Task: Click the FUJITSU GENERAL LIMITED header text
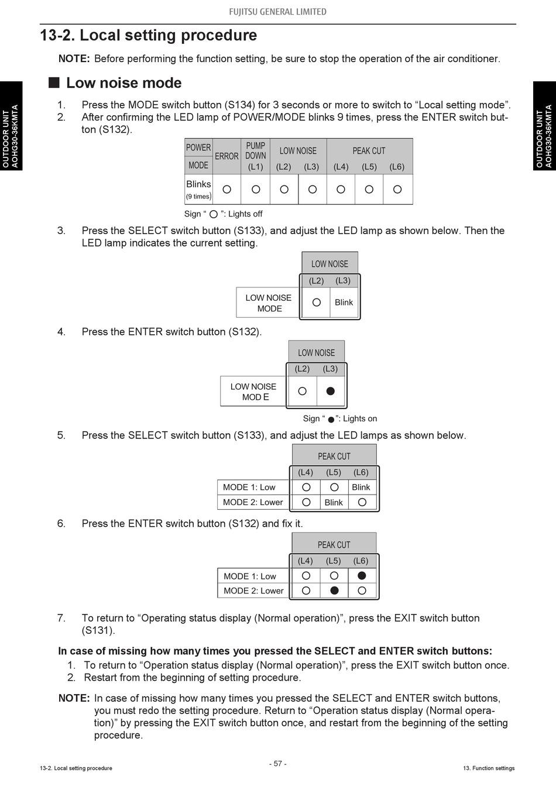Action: pyautogui.click(x=278, y=12)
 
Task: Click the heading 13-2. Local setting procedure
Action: pyautogui.click(x=149, y=36)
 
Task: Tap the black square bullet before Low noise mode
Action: pyautogui.click(x=54, y=83)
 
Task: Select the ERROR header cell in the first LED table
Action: pyautogui.click(x=226, y=156)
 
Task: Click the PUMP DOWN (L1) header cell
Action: pyautogui.click(x=256, y=156)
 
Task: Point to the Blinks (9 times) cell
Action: pyautogui.click(x=198, y=189)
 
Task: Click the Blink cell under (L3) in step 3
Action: pyautogui.click(x=344, y=303)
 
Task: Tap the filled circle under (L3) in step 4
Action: pyautogui.click(x=331, y=391)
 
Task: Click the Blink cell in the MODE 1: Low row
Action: pyautogui.click(x=361, y=487)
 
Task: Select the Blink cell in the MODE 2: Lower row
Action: pyautogui.click(x=334, y=502)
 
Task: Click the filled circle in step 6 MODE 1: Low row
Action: pyautogui.click(x=362, y=576)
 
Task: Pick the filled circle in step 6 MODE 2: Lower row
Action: pyautogui.click(x=334, y=591)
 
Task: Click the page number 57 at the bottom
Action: pyautogui.click(x=278, y=764)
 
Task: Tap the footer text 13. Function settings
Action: pyautogui.click(x=489, y=768)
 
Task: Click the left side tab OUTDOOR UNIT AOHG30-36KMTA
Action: pyautogui.click(x=11, y=136)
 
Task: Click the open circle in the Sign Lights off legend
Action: pyautogui.click(x=214, y=214)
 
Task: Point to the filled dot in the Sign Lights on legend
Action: pyautogui.click(x=331, y=420)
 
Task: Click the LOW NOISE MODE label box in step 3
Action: pyautogui.click(x=269, y=303)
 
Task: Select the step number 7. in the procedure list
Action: pyautogui.click(x=61, y=618)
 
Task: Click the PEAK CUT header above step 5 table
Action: pyautogui.click(x=334, y=456)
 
